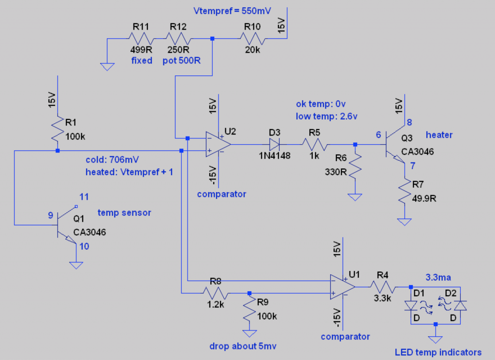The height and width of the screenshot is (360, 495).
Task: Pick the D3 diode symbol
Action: pyautogui.click(x=274, y=144)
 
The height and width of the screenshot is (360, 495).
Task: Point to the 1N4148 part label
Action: pyautogui.click(x=274, y=155)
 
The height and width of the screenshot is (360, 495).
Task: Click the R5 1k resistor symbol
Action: pyautogui.click(x=315, y=144)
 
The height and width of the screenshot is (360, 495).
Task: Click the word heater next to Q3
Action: pyautogui.click(x=439, y=135)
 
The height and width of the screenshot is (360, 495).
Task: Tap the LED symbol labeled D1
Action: pyautogui.click(x=411, y=305)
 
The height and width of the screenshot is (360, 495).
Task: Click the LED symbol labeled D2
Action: pyautogui.click(x=460, y=305)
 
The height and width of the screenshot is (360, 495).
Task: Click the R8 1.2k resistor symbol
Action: pyautogui.click(x=215, y=293)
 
